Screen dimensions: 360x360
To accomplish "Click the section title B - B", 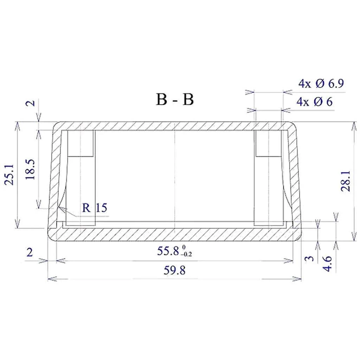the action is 175,99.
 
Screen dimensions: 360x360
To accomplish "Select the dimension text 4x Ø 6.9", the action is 321,83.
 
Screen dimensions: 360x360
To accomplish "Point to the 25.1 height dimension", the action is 10,175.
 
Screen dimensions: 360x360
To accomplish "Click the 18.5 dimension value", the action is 30,169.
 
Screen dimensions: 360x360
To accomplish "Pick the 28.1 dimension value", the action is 346,181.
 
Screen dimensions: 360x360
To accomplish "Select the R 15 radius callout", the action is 95,207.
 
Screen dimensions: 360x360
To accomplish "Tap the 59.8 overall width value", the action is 174,270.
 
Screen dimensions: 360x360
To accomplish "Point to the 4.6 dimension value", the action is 327,264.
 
